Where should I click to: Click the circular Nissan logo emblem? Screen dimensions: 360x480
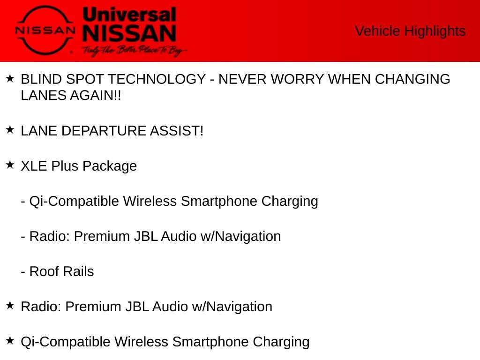[x=45, y=30]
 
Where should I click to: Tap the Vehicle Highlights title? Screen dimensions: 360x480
[x=410, y=31]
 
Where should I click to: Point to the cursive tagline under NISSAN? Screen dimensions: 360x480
[x=134, y=51]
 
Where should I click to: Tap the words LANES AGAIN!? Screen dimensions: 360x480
[x=71, y=96]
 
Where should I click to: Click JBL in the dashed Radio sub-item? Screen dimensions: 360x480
[x=146, y=236]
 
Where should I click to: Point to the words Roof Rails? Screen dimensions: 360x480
[x=61, y=271]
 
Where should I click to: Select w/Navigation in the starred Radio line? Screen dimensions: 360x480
[x=232, y=307]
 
